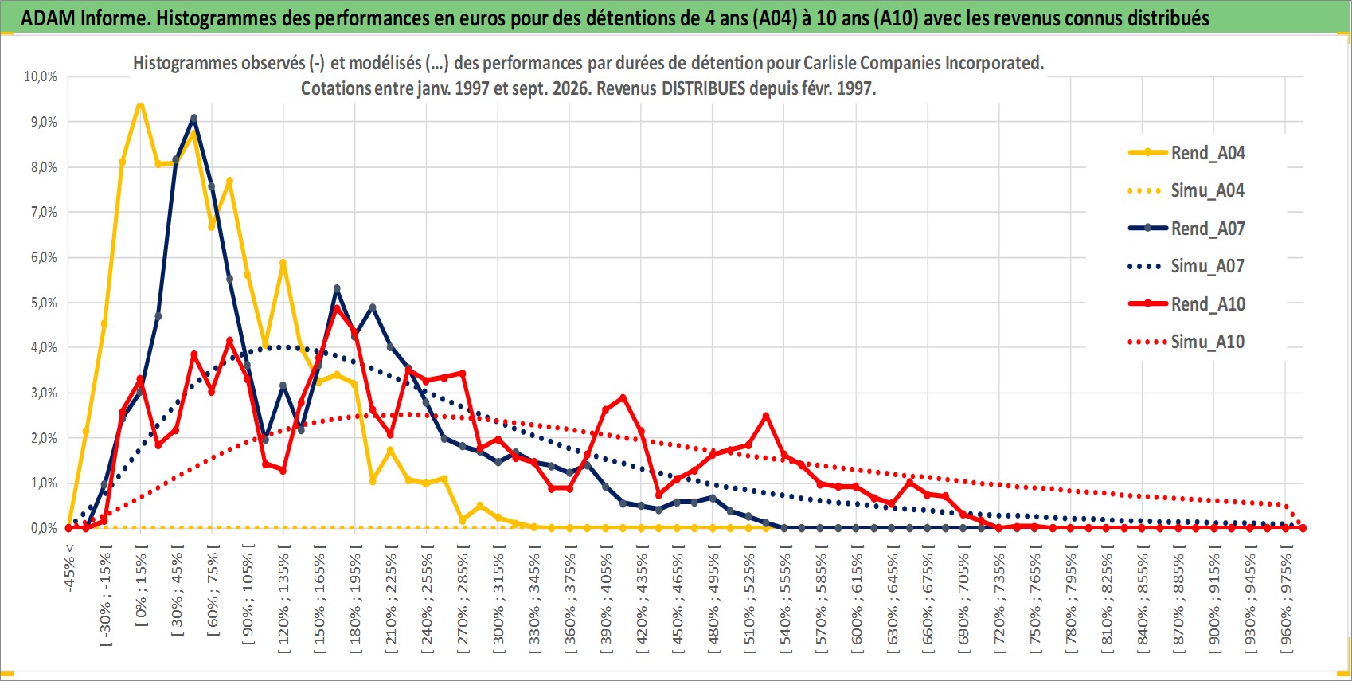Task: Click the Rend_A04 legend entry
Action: coord(1186,153)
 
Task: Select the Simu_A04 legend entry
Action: coord(1186,191)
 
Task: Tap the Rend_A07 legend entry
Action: coord(1186,229)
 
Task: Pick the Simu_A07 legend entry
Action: coord(1186,266)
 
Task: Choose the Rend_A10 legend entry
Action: coord(1186,303)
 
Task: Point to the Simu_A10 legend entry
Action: coord(1186,342)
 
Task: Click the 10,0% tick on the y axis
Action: coord(41,76)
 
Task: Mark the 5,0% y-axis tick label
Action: coord(44,303)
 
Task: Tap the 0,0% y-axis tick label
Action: coord(44,528)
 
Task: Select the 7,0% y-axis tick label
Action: coord(44,212)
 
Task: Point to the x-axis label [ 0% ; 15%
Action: coord(141,585)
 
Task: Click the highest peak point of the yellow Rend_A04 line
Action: coord(140,104)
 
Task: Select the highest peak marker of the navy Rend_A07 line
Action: coord(193,119)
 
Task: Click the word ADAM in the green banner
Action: coord(49,18)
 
